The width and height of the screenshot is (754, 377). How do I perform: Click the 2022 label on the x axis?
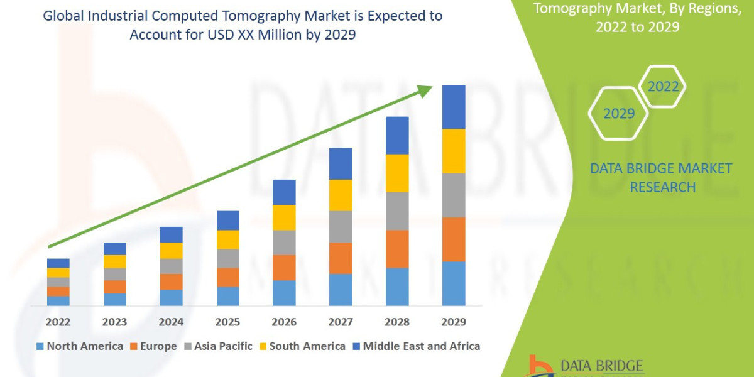click(58, 322)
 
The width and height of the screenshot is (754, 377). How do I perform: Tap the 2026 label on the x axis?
click(284, 322)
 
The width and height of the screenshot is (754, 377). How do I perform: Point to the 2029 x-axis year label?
click(454, 322)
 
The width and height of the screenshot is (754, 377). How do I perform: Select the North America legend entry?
click(80, 346)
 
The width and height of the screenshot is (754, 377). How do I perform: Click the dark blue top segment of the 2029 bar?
click(454, 107)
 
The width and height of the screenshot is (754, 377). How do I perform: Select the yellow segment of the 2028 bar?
click(397, 173)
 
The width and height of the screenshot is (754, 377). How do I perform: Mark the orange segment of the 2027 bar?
click(341, 258)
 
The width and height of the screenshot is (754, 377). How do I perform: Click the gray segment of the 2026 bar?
click(284, 243)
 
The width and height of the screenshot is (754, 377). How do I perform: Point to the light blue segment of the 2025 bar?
click(227, 296)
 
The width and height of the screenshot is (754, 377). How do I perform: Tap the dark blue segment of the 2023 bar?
click(114, 249)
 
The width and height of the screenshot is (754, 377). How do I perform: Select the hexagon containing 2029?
click(618, 113)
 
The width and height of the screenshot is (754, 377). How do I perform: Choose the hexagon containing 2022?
click(662, 87)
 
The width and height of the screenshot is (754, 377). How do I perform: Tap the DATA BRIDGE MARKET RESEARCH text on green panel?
click(662, 178)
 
